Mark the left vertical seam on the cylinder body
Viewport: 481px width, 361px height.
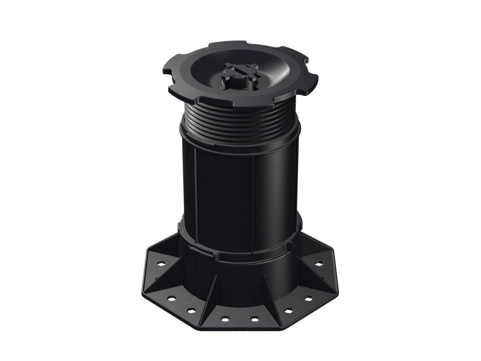pyautogui.click(x=195, y=186)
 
